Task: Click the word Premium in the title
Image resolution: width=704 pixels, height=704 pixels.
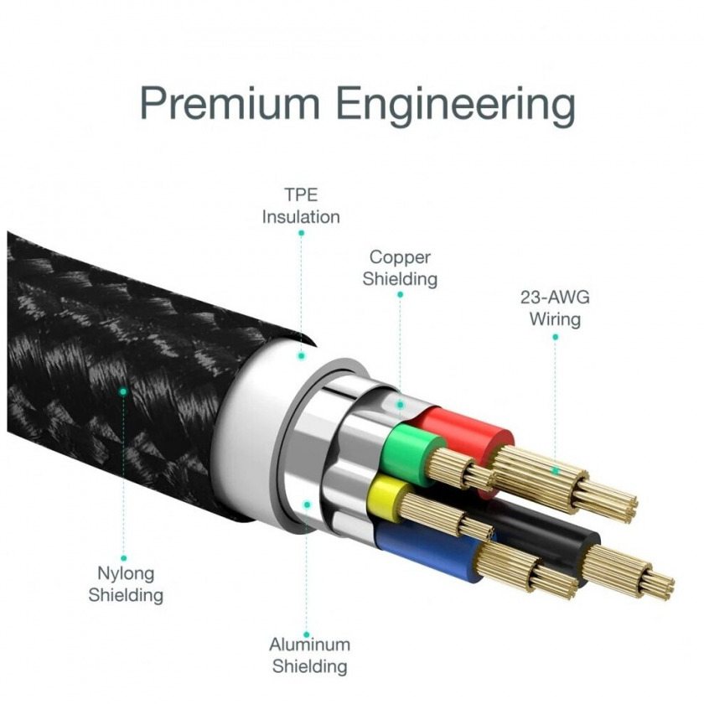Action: click(x=230, y=104)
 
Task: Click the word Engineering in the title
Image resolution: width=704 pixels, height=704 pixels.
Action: click(x=455, y=107)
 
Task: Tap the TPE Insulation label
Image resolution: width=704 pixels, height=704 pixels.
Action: click(x=301, y=206)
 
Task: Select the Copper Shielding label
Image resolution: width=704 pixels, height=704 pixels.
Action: click(x=400, y=268)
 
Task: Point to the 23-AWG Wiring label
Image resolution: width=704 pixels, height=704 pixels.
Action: click(x=555, y=308)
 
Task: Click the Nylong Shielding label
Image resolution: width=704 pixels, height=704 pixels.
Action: click(x=126, y=584)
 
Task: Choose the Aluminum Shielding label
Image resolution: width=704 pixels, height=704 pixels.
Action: click(x=310, y=655)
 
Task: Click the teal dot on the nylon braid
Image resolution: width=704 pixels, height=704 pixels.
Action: click(x=122, y=391)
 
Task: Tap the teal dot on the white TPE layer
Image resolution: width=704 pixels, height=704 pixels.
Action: click(x=301, y=355)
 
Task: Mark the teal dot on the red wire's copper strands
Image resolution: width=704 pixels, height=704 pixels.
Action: click(x=556, y=471)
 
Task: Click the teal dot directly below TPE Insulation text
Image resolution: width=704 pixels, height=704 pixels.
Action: click(x=301, y=233)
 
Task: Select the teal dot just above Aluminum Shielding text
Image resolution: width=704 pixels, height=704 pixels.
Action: click(x=307, y=635)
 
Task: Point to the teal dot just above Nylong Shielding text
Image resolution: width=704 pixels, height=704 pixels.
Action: click(x=123, y=558)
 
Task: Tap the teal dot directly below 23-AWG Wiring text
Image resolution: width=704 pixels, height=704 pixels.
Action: click(x=556, y=337)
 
